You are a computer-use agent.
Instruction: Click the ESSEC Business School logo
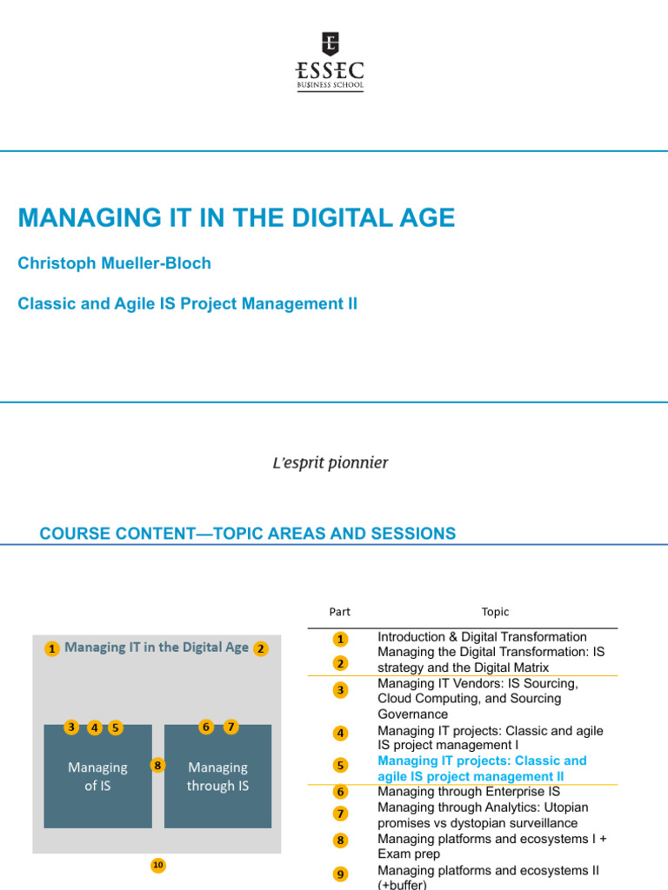point(331,62)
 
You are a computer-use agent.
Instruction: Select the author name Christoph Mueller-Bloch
point(114,263)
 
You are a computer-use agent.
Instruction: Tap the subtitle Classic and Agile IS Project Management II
point(187,304)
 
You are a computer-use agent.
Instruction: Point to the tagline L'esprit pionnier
point(331,462)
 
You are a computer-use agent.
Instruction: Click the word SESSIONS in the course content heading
point(407,534)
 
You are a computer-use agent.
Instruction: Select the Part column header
point(340,612)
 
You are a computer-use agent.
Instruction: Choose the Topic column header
point(495,612)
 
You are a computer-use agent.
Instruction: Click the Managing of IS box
point(97,776)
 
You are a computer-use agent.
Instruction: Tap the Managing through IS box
point(217,776)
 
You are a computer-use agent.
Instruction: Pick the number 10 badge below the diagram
point(157,865)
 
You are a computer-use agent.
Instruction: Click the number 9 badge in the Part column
point(340,874)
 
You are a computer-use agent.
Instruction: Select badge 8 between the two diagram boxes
point(157,766)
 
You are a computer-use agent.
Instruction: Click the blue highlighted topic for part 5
point(482,768)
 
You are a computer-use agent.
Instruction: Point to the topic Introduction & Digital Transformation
point(482,637)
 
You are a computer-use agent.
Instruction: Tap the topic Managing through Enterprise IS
point(468,792)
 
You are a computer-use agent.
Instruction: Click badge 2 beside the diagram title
point(261,648)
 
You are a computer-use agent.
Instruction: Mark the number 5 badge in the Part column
point(340,766)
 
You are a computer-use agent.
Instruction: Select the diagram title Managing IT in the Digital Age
point(157,648)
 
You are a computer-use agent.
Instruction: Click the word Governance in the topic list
point(413,714)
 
